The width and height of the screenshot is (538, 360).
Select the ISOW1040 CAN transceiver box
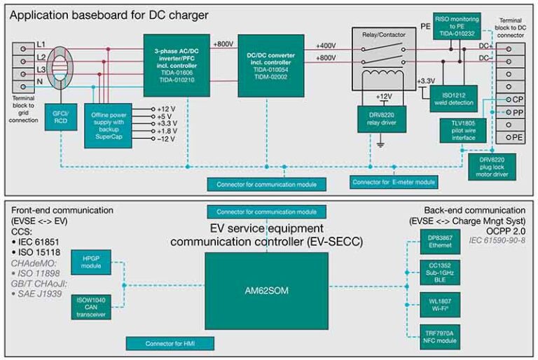[92, 308]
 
